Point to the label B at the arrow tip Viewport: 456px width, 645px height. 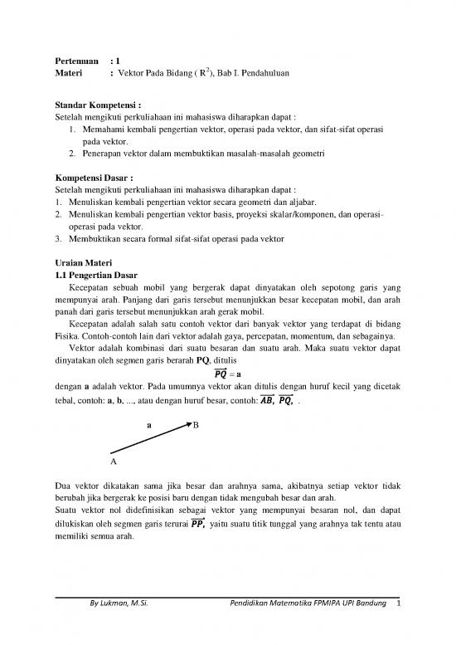pos(196,424)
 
